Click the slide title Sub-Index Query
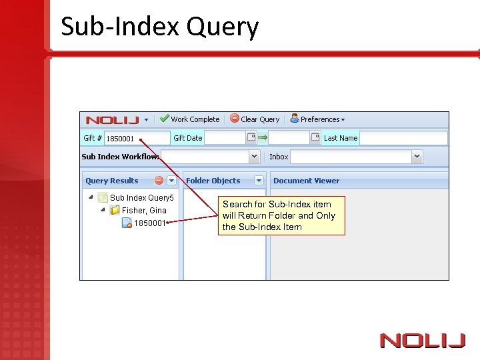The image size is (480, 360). coord(159,27)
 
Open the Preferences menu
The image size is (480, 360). coord(318,119)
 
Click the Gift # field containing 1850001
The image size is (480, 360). coord(137,139)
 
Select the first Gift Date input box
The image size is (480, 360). coord(225,138)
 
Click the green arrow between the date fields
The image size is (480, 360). coord(263,137)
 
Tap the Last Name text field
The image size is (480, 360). coord(403,138)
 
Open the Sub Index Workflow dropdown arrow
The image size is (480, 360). coord(254,157)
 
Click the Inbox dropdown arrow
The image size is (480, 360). coord(417,157)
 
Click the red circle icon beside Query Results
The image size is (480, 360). coord(159,181)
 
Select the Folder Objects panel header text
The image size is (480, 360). coord(213,181)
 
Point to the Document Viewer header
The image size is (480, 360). coord(306,181)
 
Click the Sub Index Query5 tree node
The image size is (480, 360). coord(141,197)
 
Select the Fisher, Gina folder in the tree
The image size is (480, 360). coord(144,210)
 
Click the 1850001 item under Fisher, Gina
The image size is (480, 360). coord(149,223)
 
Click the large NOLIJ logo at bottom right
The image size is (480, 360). coord(423,341)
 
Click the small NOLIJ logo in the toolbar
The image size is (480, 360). coord(112,120)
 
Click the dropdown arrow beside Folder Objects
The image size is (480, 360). coord(259,181)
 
